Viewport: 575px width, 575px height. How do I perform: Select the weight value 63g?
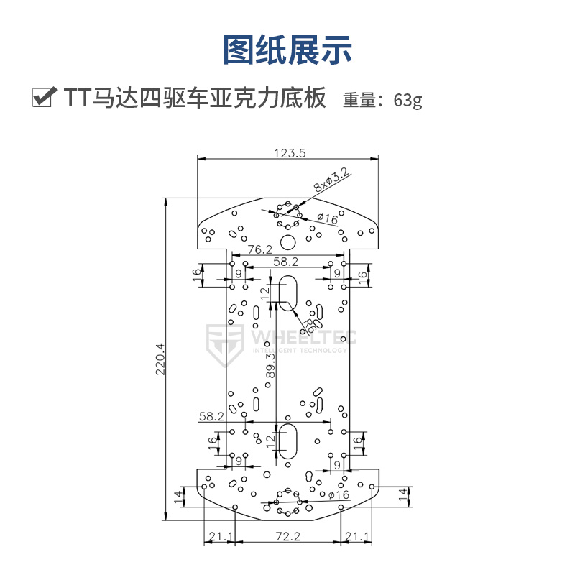(x=408, y=100)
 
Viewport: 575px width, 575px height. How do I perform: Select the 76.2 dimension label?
(x=259, y=249)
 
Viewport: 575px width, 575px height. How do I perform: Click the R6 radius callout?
(x=308, y=326)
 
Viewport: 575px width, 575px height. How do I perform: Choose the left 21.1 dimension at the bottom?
(x=220, y=535)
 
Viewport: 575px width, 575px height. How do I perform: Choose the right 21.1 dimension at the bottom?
(x=357, y=535)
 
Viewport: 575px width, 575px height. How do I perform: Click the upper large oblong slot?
(x=287, y=293)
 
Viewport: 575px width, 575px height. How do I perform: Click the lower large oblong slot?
(x=287, y=441)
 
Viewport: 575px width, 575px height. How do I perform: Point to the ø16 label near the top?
(x=327, y=218)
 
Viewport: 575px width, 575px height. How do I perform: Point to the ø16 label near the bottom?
(x=338, y=495)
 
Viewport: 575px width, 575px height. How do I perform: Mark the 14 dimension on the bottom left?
(x=179, y=494)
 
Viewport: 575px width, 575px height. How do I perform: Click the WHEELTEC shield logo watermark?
(x=225, y=344)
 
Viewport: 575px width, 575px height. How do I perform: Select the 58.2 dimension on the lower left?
(x=212, y=415)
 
